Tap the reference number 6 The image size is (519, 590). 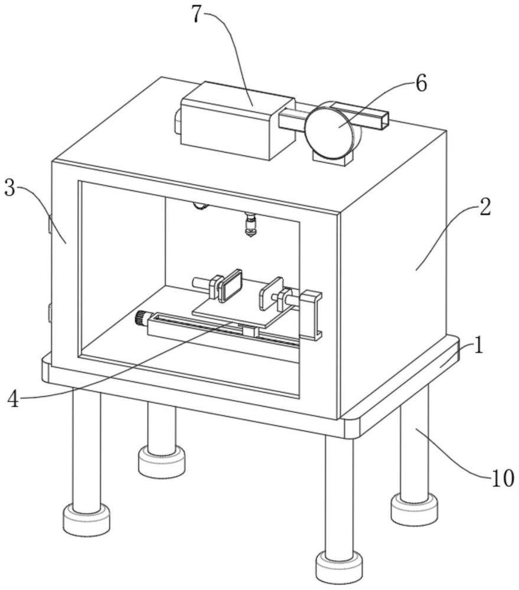pyautogui.click(x=421, y=83)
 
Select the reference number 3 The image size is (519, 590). pyautogui.click(x=10, y=188)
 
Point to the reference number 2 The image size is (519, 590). pyautogui.click(x=485, y=206)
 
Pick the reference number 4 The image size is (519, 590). pyautogui.click(x=13, y=398)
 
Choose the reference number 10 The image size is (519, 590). pyautogui.click(x=502, y=478)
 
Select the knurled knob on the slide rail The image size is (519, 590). pyautogui.click(x=141, y=319)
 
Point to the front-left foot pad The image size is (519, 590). pyautogui.click(x=87, y=520)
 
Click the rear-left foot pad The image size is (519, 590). pyautogui.click(x=162, y=461)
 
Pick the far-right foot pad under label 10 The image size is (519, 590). pyautogui.click(x=414, y=510)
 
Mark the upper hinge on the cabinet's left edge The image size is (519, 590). pyautogui.click(x=50, y=223)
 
